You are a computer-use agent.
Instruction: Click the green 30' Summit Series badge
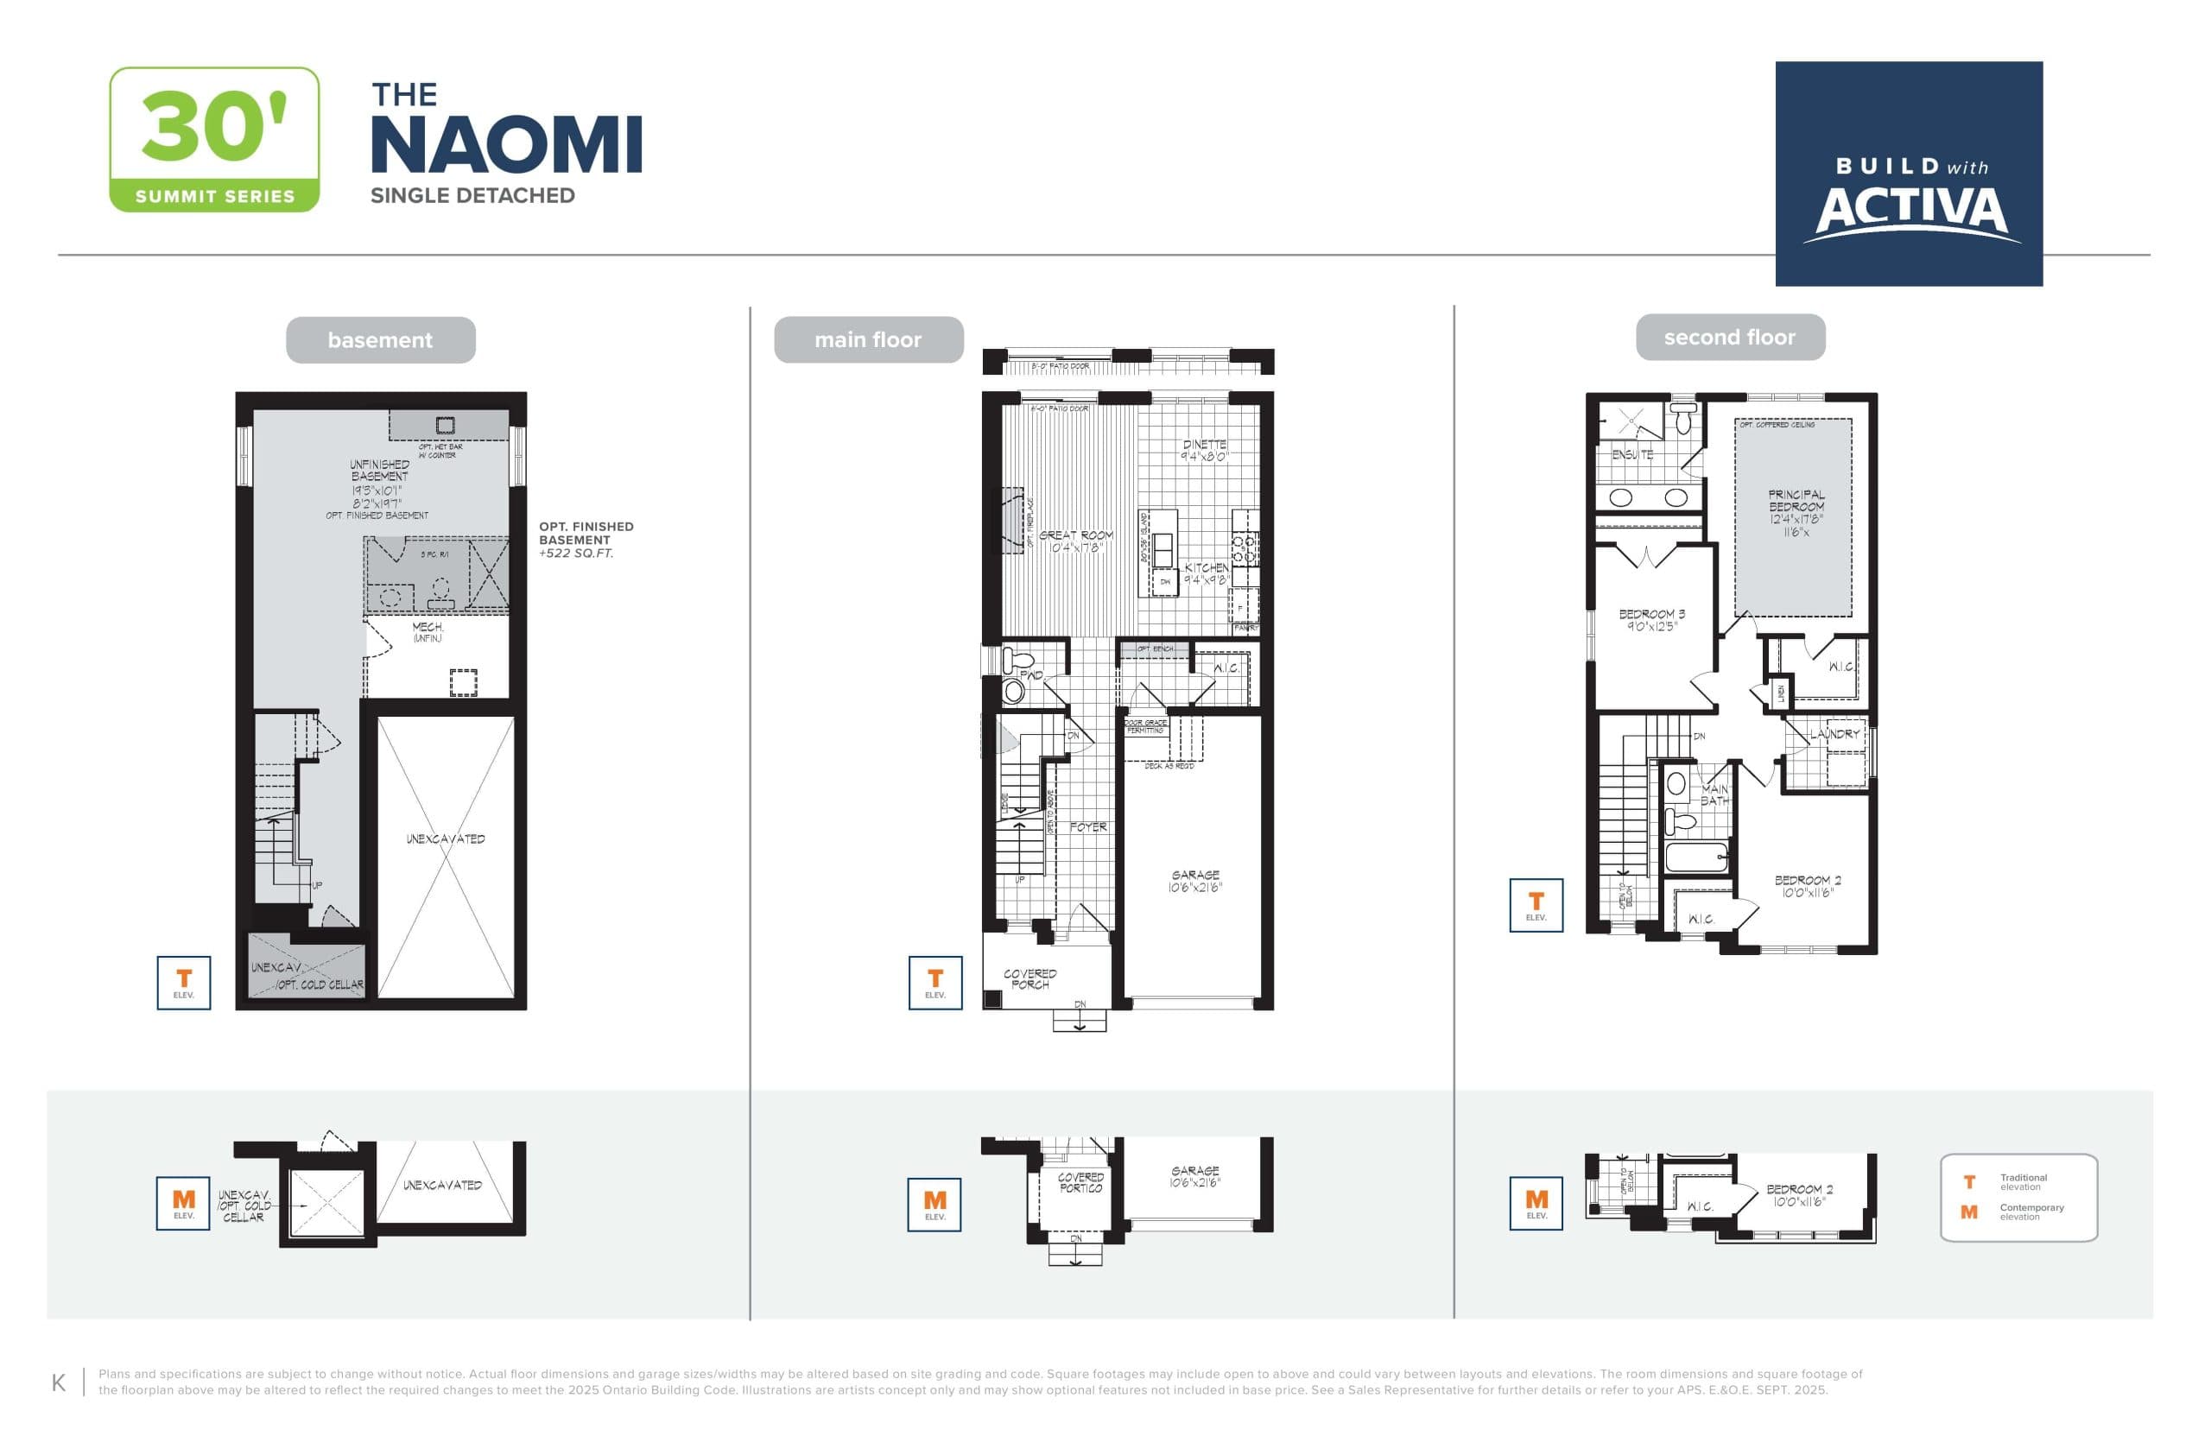tap(213, 139)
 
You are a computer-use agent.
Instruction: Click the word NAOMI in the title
tap(506, 146)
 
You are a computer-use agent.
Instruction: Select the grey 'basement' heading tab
tap(380, 340)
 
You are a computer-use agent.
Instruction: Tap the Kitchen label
tap(1206, 567)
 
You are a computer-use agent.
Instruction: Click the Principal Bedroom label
tap(1795, 501)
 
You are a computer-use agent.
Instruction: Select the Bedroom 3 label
tap(1651, 614)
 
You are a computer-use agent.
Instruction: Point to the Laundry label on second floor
tap(1833, 734)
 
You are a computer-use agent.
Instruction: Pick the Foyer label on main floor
tap(1087, 826)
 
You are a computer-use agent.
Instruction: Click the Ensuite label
tap(1631, 454)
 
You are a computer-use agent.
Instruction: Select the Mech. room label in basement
tap(428, 628)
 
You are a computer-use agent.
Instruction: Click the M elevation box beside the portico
tap(934, 1205)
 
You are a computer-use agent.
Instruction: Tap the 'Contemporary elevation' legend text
tap(2030, 1212)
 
